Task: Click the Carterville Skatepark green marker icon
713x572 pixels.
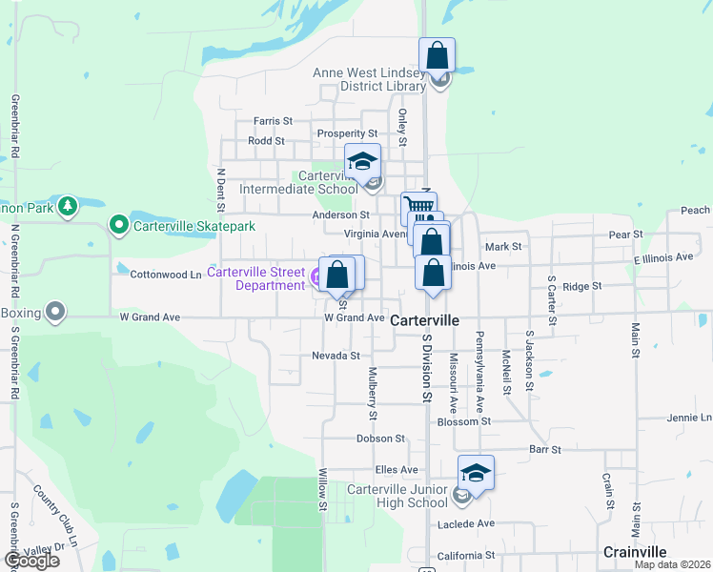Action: (119, 226)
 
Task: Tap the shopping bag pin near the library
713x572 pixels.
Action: (437, 55)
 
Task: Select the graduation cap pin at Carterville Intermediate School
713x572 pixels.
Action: (362, 161)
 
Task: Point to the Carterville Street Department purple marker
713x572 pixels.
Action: (316, 278)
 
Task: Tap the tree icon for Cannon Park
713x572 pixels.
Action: (67, 206)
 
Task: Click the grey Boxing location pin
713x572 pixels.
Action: (56, 311)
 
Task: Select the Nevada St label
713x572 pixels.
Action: (336, 356)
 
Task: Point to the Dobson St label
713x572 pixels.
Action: (381, 439)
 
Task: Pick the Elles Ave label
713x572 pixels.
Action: (397, 470)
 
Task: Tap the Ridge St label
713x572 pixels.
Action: (582, 286)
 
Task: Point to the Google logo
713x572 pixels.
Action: (31, 561)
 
